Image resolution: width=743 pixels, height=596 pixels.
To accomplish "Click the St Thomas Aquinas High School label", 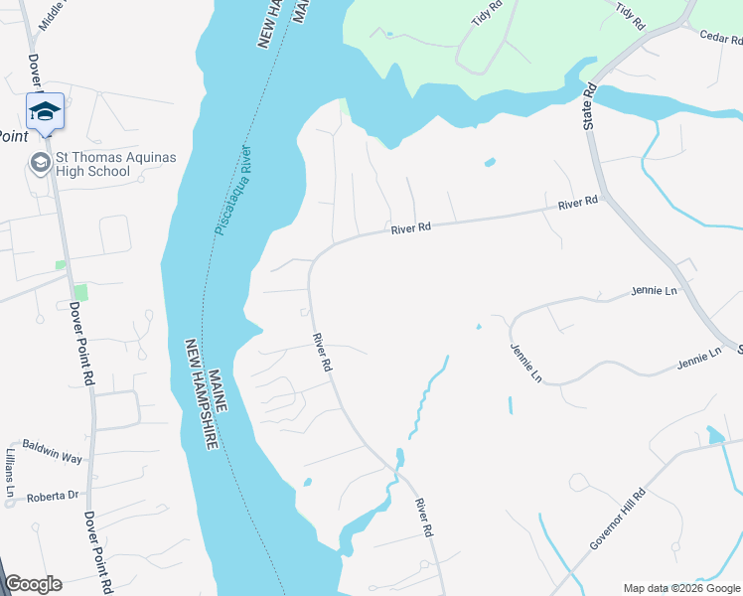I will coord(94,163).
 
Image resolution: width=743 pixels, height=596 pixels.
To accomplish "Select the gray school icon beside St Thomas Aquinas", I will coord(41,163).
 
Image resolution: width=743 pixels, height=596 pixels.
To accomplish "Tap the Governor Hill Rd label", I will coord(618,518).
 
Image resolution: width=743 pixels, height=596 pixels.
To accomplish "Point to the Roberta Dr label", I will coord(53,495).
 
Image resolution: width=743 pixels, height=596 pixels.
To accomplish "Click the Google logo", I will coord(33,584).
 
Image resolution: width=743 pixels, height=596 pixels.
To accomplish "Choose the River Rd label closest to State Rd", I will coord(577,203).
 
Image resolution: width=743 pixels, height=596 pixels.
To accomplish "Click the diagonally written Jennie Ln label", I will coord(525,364).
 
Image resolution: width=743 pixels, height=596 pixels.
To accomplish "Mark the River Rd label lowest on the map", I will coord(425,518).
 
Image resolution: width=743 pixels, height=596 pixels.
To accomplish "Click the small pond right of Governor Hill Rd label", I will coord(715,435).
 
